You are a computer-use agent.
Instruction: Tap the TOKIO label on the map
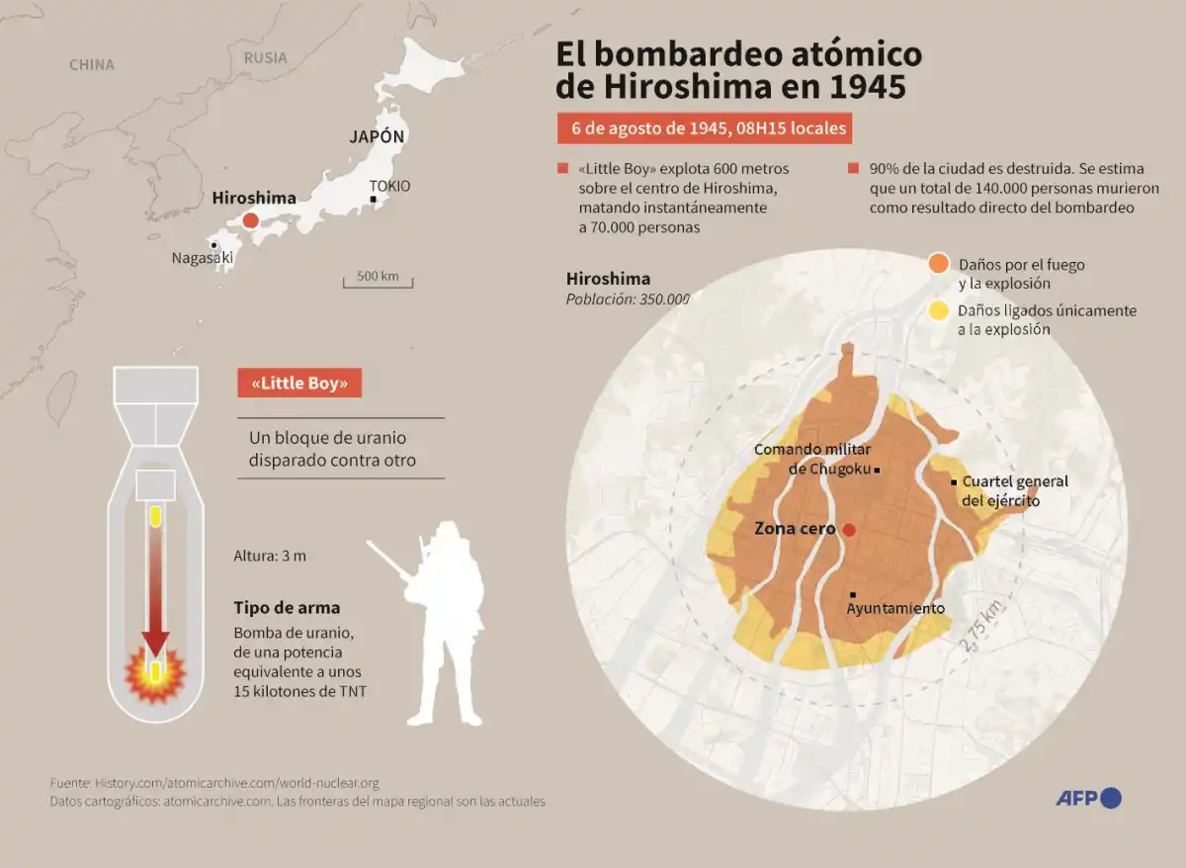pyautogui.click(x=389, y=186)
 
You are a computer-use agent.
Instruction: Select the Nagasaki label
pyautogui.click(x=203, y=258)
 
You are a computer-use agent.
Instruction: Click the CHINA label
pyautogui.click(x=92, y=65)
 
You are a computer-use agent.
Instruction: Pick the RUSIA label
pyautogui.click(x=265, y=57)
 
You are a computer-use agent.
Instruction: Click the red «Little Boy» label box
pyautogui.click(x=299, y=384)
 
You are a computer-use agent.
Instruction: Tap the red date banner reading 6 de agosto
pyautogui.click(x=702, y=130)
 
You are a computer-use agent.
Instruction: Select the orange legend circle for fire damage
pyautogui.click(x=939, y=264)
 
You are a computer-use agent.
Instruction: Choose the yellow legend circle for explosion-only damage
pyautogui.click(x=939, y=310)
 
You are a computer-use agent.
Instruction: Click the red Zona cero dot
pyautogui.click(x=848, y=530)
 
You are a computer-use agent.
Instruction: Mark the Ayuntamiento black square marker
pyautogui.click(x=852, y=594)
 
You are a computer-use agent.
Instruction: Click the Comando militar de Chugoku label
pyautogui.click(x=812, y=459)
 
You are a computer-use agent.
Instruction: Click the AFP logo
pyautogui.click(x=1088, y=798)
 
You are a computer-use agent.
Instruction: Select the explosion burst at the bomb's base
pyautogui.click(x=155, y=674)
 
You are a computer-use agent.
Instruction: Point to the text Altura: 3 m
pyautogui.click(x=270, y=556)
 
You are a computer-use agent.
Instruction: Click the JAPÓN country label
pyautogui.click(x=377, y=137)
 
